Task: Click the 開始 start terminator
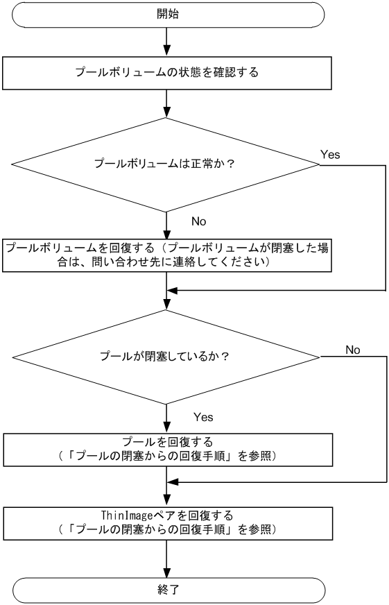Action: click(x=166, y=14)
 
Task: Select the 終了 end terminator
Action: click(x=166, y=590)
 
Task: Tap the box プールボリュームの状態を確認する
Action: click(x=166, y=72)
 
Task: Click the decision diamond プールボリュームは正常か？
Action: click(x=166, y=164)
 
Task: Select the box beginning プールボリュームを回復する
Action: click(x=166, y=255)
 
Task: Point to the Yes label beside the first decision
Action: click(x=329, y=153)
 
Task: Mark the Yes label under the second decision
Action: click(x=202, y=417)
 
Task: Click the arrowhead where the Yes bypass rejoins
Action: click(x=173, y=290)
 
